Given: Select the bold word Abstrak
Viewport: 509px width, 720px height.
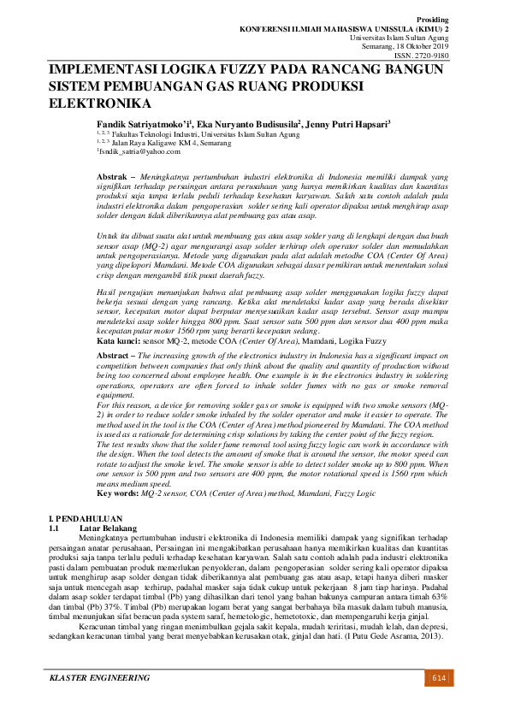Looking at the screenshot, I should point(113,174).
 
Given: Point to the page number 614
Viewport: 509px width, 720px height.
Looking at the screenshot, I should point(438,678).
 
